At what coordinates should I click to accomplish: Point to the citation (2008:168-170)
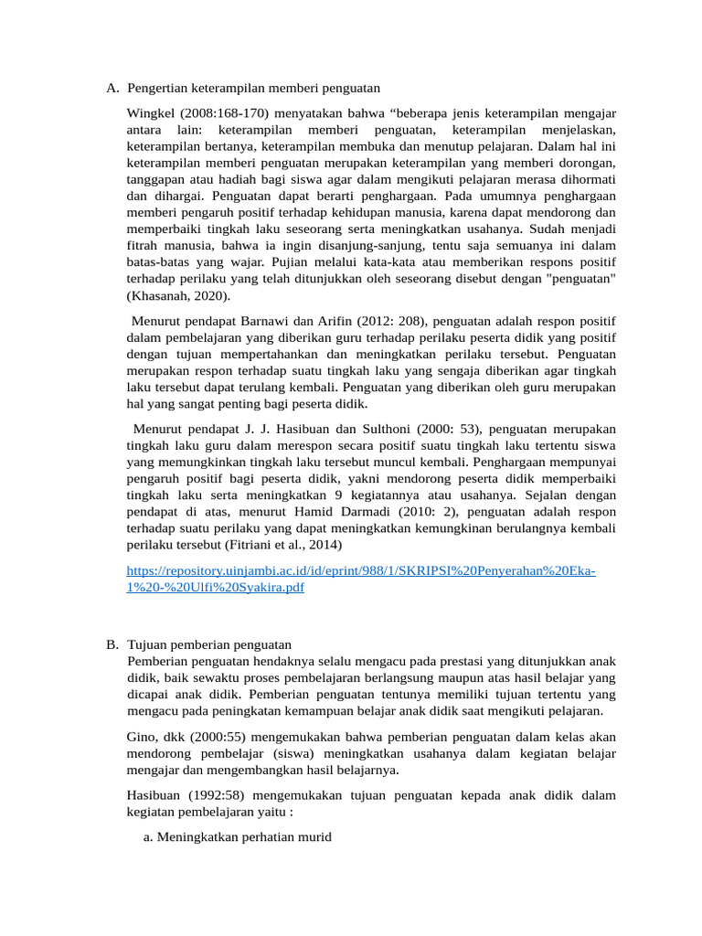tap(231, 113)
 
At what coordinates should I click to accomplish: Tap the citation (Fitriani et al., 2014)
tap(281, 545)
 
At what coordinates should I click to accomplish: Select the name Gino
tap(141, 737)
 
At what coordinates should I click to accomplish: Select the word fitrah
tap(143, 245)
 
